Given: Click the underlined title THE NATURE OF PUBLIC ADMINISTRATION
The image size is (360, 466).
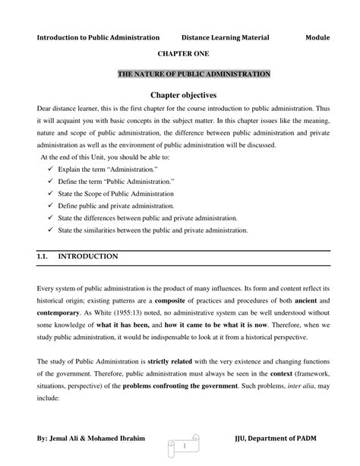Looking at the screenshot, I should tap(194, 74).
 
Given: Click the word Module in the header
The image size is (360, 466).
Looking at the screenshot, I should tap(319, 36).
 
